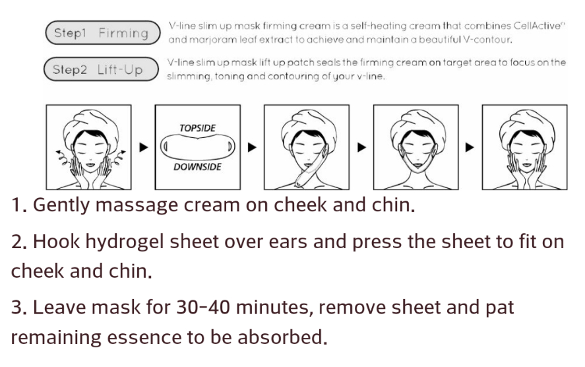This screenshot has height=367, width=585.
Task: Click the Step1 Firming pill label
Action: tap(103, 33)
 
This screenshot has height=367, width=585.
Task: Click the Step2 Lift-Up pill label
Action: tap(101, 69)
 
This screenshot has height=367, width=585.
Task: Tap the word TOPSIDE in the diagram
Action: tap(197, 129)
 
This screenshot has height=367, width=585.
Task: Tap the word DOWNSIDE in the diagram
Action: tap(197, 167)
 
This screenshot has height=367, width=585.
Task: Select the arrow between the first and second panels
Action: tap(144, 147)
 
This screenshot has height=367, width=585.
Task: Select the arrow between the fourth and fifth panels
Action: tap(470, 147)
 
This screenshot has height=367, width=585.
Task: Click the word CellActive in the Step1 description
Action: tap(537, 26)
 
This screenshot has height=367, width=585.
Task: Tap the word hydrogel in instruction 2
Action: tap(125, 242)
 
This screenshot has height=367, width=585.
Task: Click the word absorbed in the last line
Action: tap(282, 337)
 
